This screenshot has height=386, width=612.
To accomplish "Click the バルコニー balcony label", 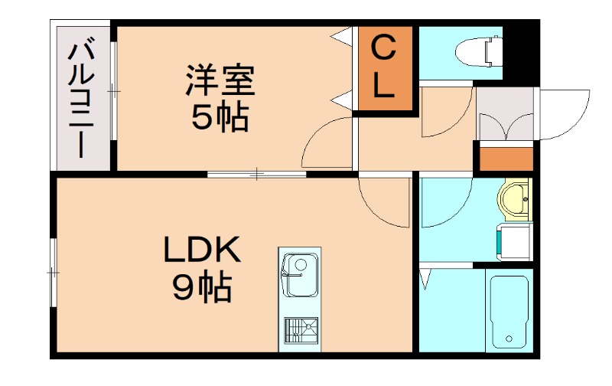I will (82, 100).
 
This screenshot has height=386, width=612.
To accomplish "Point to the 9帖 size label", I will (202, 287).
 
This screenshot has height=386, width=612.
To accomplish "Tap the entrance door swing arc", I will (566, 115).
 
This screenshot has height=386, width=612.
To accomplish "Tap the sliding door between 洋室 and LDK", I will (256, 175).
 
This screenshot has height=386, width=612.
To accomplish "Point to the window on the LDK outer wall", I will (54, 272).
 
